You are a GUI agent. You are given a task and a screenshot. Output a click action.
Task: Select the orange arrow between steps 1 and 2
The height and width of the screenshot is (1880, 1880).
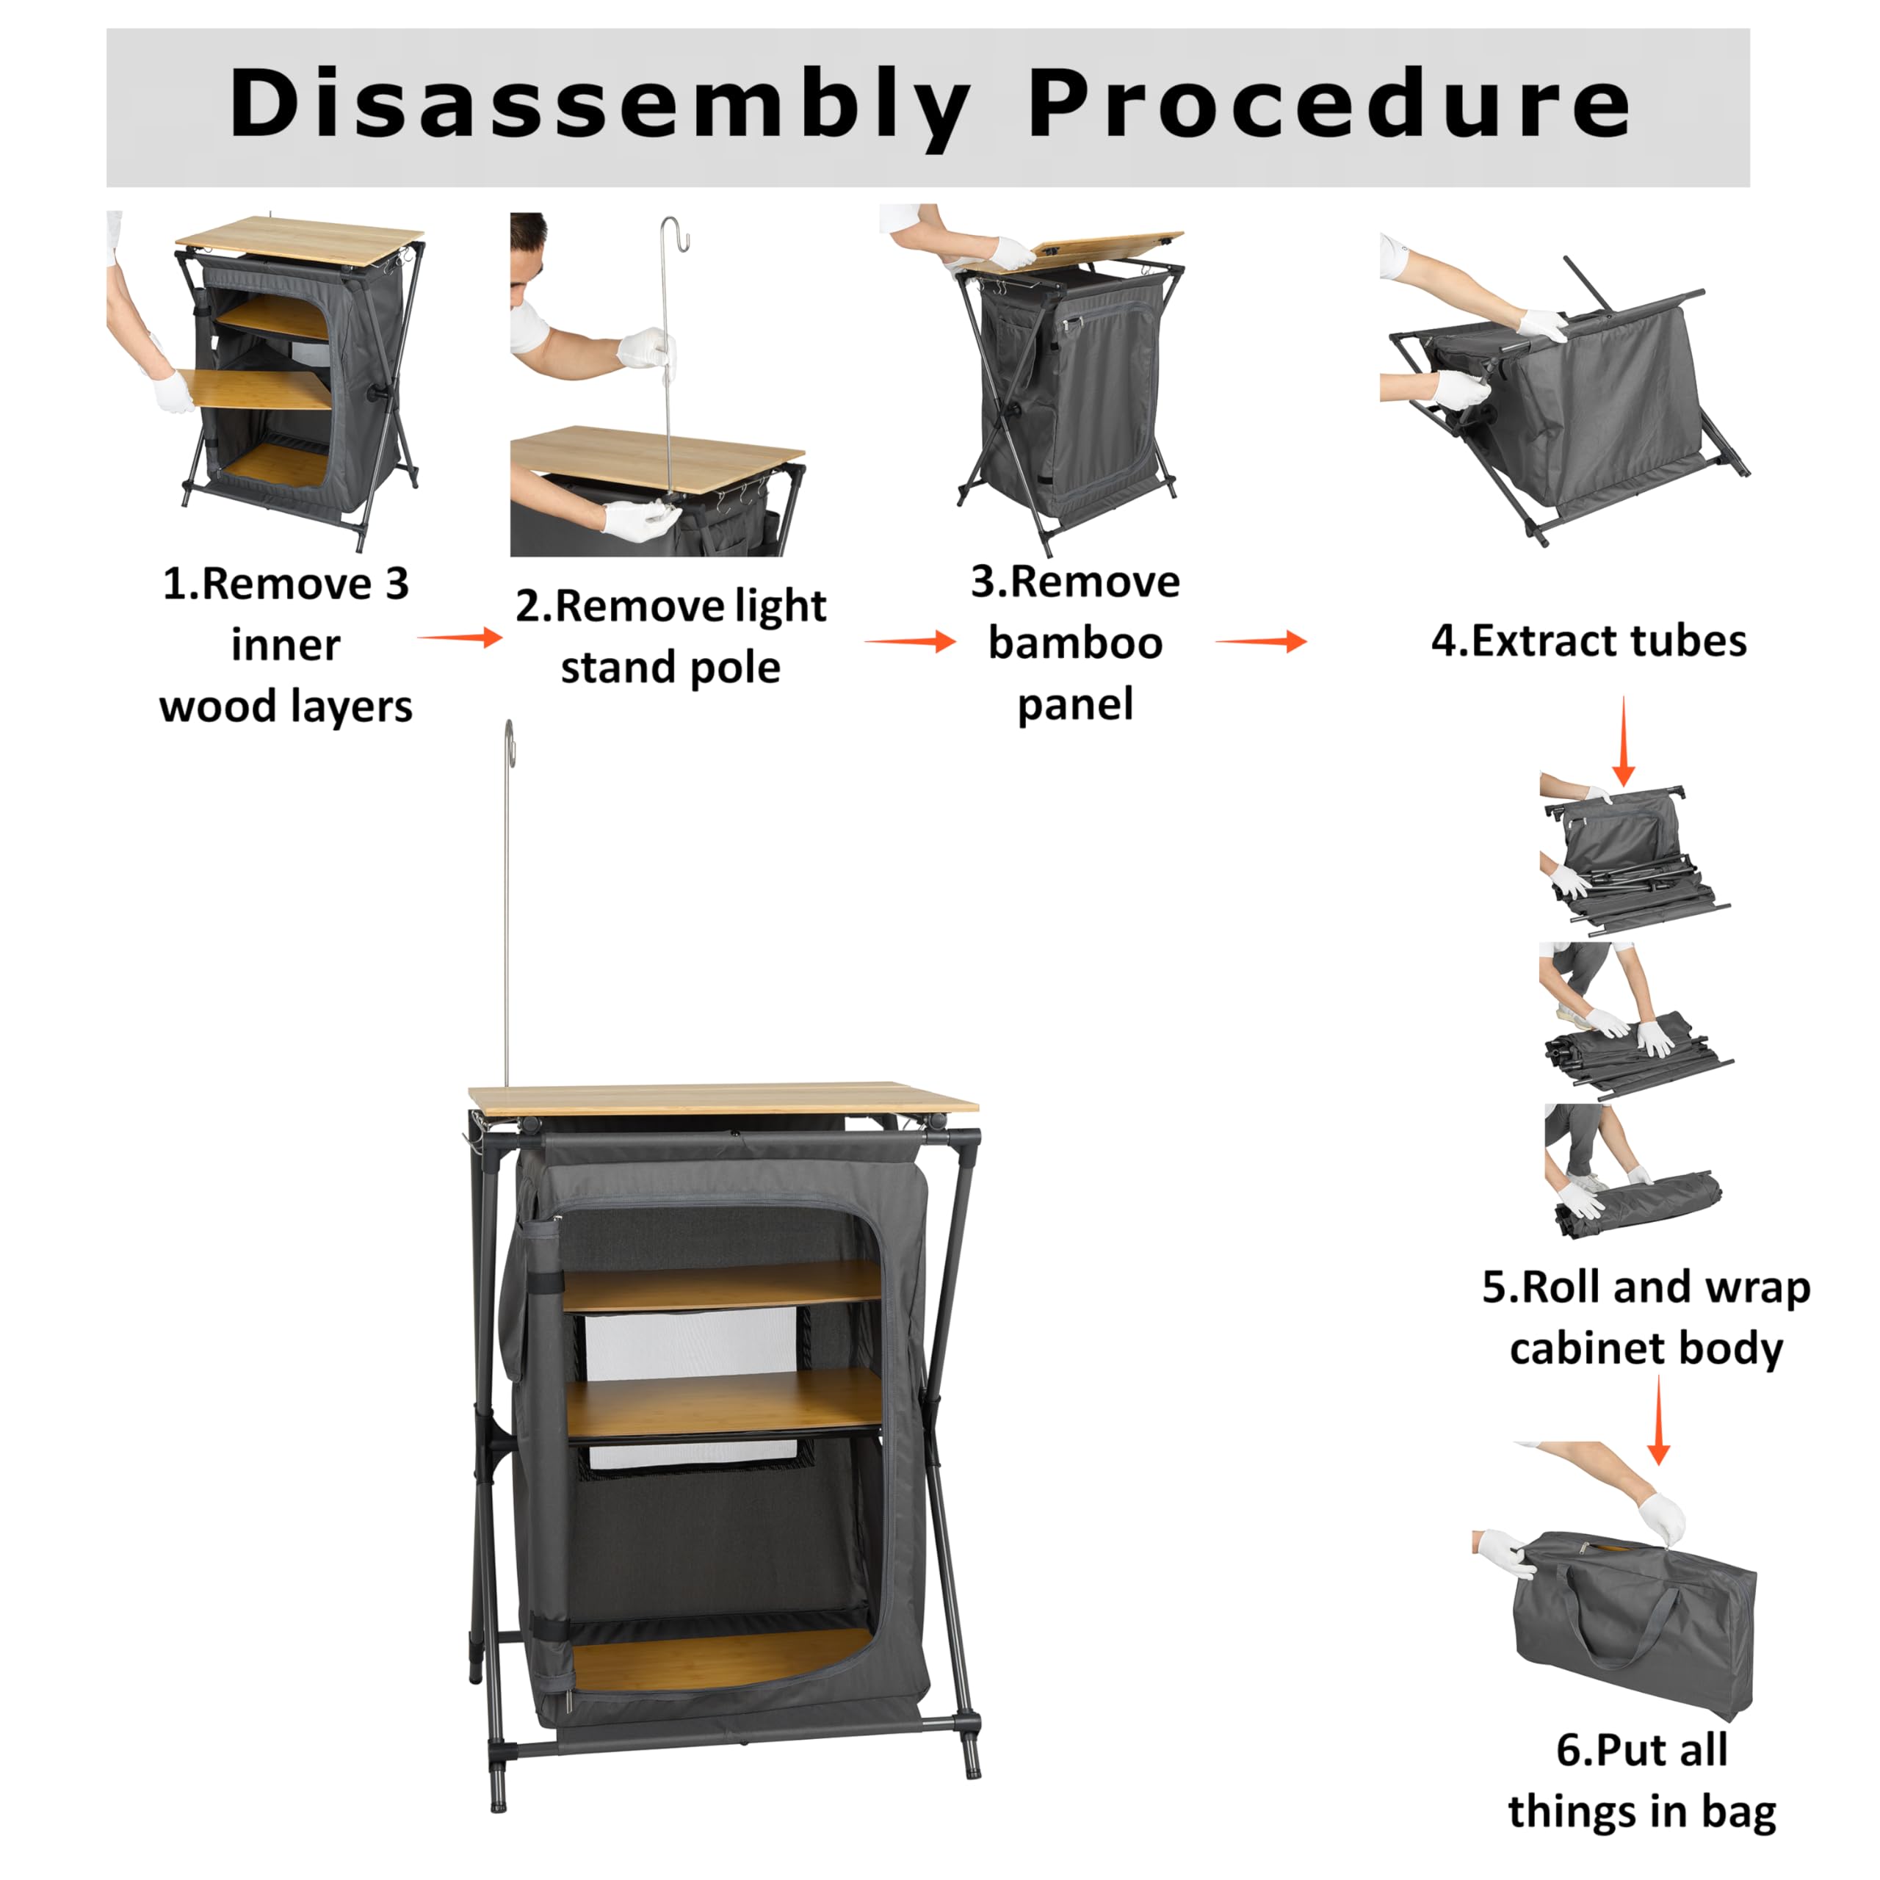click(460, 637)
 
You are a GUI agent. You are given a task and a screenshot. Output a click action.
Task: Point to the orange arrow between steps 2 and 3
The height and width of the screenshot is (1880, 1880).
click(910, 641)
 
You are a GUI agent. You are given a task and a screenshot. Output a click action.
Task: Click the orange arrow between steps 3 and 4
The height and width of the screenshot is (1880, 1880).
click(1261, 641)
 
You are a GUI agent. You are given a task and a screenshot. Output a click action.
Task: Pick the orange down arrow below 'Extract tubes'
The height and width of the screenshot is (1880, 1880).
click(1623, 740)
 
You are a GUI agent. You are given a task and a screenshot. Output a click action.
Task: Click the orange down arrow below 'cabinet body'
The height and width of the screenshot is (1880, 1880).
click(1659, 1420)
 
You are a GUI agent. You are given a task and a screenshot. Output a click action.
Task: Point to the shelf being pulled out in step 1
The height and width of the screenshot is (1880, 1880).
click(255, 389)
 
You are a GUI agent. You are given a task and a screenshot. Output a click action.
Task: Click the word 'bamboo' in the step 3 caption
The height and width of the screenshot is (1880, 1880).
click(1075, 643)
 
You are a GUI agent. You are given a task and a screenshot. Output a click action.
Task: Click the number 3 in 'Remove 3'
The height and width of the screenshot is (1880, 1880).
click(396, 584)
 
